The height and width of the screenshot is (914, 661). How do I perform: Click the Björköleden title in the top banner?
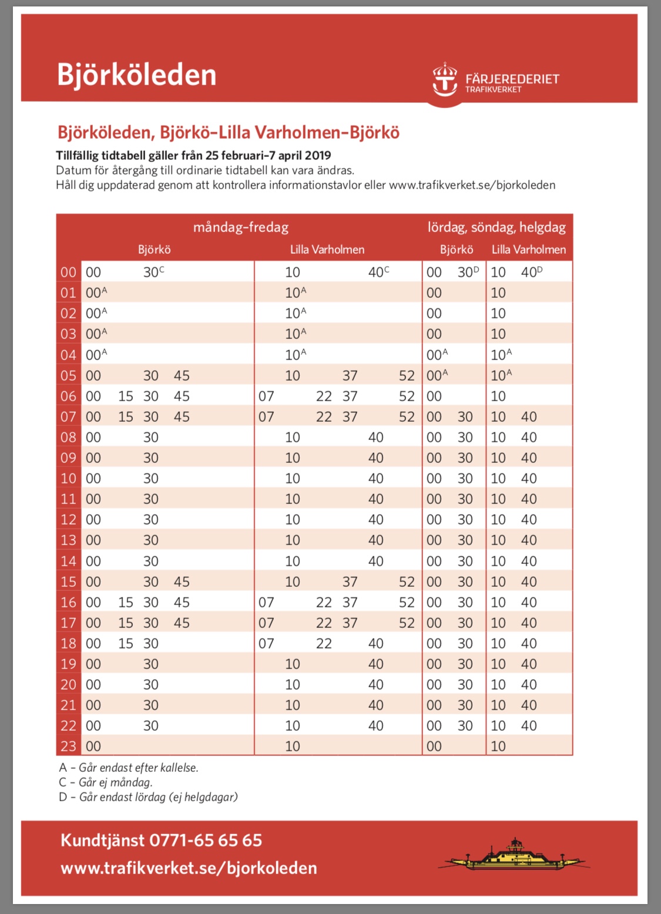pyautogui.click(x=136, y=75)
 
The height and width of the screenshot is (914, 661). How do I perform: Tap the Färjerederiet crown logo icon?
pyautogui.click(x=445, y=79)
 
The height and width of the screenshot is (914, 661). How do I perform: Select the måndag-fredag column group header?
pyautogui.click(x=241, y=227)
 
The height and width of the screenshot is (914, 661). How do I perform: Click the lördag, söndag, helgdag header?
pyautogui.click(x=496, y=227)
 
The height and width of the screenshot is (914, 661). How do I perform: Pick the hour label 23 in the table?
pyautogui.click(x=68, y=746)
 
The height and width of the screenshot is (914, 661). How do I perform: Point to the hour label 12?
pyautogui.click(x=68, y=519)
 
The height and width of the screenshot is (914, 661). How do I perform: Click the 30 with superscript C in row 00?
pyautogui.click(x=153, y=272)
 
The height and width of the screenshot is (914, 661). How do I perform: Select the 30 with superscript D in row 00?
pyautogui.click(x=468, y=272)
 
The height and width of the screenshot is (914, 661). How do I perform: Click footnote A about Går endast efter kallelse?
pyautogui.click(x=129, y=768)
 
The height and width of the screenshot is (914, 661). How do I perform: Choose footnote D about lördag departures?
pyautogui.click(x=148, y=797)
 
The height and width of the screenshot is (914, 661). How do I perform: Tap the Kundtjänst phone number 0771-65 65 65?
pyautogui.click(x=206, y=840)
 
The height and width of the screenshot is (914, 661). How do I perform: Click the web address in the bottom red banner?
pyautogui.click(x=189, y=868)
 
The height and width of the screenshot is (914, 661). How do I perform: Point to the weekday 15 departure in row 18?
pyautogui.click(x=126, y=643)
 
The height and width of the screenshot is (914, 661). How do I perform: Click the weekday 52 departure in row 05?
pyautogui.click(x=407, y=375)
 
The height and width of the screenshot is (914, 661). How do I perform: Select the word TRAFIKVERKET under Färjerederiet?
pyautogui.click(x=493, y=89)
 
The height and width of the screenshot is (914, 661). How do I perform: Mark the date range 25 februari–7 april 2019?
pyautogui.click(x=268, y=156)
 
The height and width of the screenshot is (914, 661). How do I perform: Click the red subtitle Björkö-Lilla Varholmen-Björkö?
pyautogui.click(x=280, y=133)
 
